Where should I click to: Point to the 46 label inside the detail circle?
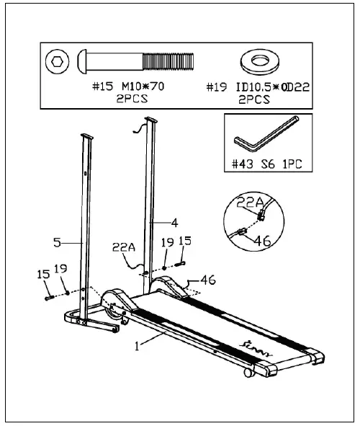264,243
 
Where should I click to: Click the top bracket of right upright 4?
150,120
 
